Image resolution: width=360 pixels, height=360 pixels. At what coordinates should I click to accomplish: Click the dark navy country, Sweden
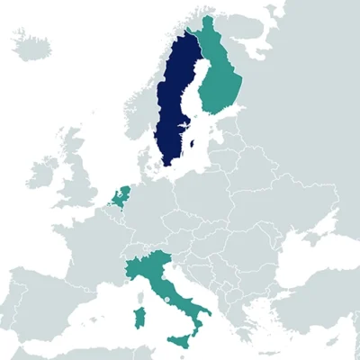coord(175,108)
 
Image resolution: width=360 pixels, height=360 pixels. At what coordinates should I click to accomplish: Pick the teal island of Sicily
coord(181,339)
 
